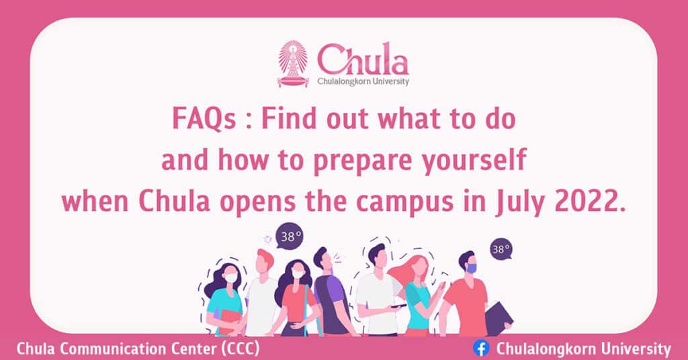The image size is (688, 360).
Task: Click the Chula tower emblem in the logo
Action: coord(293,64)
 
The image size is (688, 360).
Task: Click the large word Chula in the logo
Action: coord(363,59)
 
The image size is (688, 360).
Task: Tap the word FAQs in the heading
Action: coord(204,119)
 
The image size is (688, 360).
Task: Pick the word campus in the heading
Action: coord(404,203)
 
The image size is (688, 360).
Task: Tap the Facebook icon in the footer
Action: coord(481,349)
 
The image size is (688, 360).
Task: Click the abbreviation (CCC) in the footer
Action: coord(241,349)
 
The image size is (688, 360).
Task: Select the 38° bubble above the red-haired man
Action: coord(290,236)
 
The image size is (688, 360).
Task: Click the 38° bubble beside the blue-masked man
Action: coord(501,249)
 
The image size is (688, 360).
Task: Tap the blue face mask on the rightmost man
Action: coord(471,267)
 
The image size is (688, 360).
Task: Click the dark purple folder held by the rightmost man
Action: coord(498,318)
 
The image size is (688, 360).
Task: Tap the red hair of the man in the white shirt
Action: coord(265,257)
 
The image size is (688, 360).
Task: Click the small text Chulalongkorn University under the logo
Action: coord(363,81)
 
